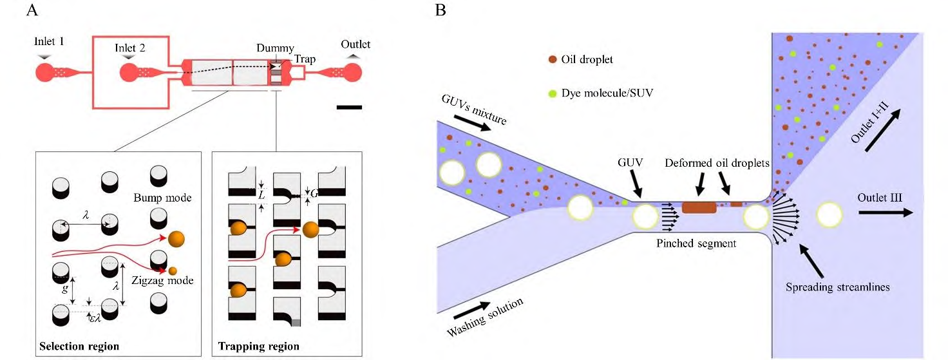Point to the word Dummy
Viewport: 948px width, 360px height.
(275, 48)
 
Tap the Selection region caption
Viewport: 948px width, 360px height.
(79, 346)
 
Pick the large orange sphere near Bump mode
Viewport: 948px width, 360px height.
(175, 239)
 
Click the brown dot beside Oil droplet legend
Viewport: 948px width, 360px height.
(553, 59)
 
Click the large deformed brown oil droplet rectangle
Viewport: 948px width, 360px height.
(699, 207)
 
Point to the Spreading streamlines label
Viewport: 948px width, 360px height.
(837, 287)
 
